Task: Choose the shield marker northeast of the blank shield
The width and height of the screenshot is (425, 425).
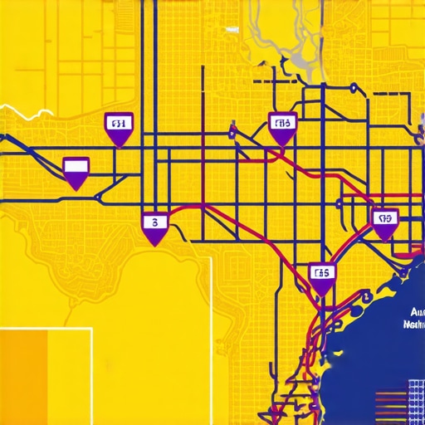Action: (119, 127)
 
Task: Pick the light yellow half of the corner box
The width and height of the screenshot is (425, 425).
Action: (70, 378)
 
